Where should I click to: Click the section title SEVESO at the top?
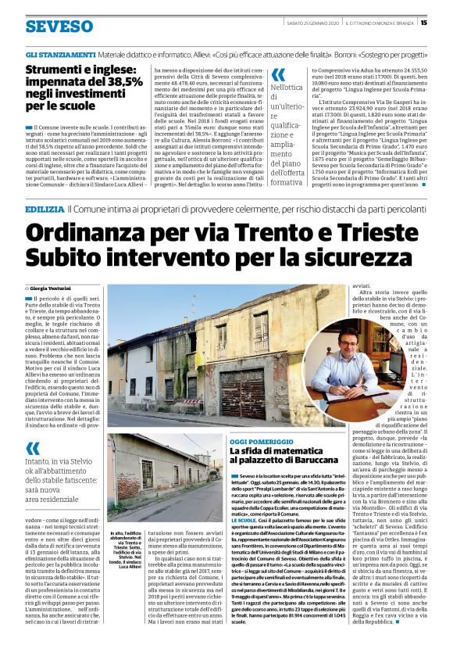tap(59, 26)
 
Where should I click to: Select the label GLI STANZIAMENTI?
tap(60, 57)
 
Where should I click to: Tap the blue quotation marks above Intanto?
tap(32, 448)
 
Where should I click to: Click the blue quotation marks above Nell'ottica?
tap(278, 75)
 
